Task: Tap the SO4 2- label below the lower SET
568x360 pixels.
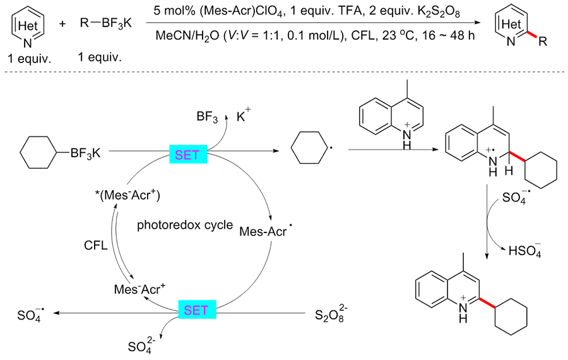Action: (x=139, y=345)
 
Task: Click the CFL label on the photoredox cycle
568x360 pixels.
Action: (x=95, y=243)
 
